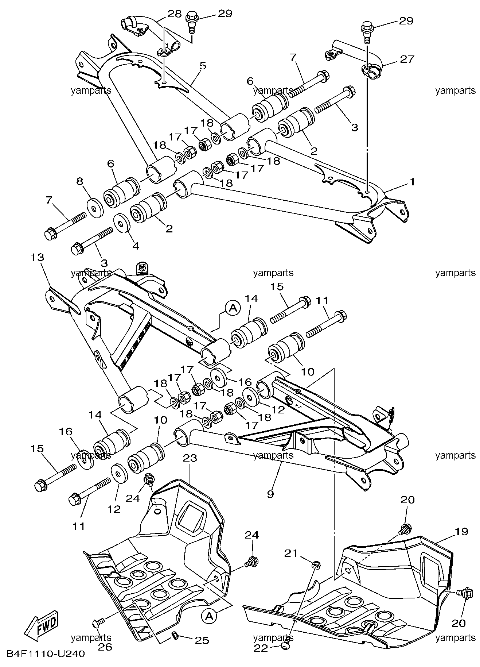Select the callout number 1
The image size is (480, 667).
(x=412, y=181)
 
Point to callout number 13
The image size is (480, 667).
(x=37, y=257)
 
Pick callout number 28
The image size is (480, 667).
(x=175, y=14)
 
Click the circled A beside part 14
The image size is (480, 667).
(x=233, y=308)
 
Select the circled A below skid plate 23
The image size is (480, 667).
(x=208, y=616)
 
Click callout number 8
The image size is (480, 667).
(x=79, y=181)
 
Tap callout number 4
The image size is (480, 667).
(x=136, y=246)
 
